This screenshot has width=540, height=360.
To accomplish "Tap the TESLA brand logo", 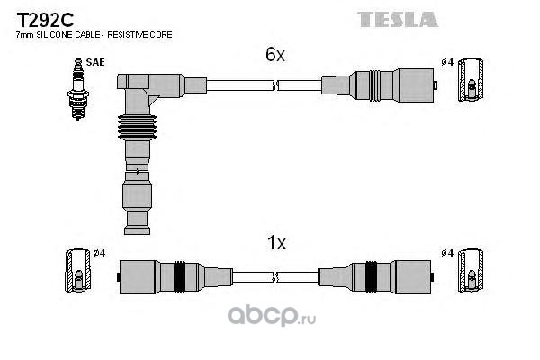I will [x=399, y=19].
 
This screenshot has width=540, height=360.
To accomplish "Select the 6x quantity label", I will [x=274, y=55].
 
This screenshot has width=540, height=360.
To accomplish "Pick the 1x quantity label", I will [x=276, y=243].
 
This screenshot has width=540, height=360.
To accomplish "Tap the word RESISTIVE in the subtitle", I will [x=132, y=34].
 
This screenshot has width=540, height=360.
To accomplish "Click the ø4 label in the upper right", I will [x=447, y=62].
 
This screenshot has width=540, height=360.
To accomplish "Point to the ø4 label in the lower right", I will [x=447, y=253].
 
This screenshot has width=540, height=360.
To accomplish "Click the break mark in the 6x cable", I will [x=275, y=85].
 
